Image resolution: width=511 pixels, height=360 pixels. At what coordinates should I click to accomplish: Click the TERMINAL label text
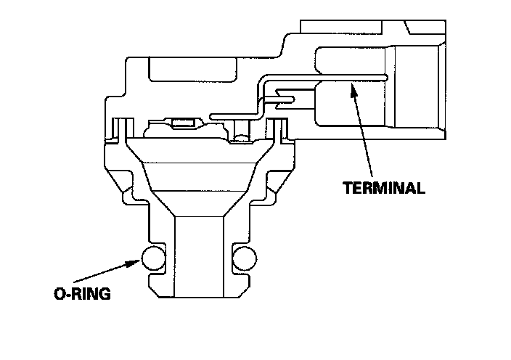pos(383,188)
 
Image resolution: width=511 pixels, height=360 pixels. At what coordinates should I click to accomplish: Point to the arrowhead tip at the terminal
pos(352,85)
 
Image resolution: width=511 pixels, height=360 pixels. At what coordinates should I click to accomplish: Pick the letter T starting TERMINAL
pos(347,188)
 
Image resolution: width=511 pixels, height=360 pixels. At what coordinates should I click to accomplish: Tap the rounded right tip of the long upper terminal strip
pos(386,75)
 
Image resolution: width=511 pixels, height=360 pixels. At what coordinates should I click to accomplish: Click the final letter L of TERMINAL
pos(420,188)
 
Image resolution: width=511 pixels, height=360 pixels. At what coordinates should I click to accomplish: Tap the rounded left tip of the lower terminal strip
pos(211,115)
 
